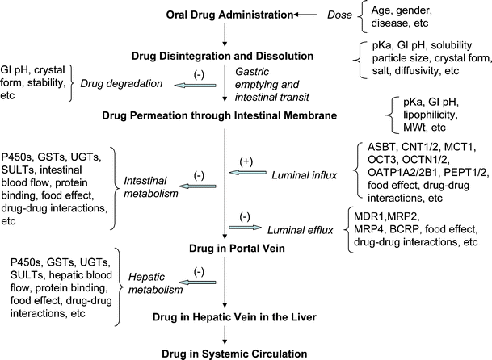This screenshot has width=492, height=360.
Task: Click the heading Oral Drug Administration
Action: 208,15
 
